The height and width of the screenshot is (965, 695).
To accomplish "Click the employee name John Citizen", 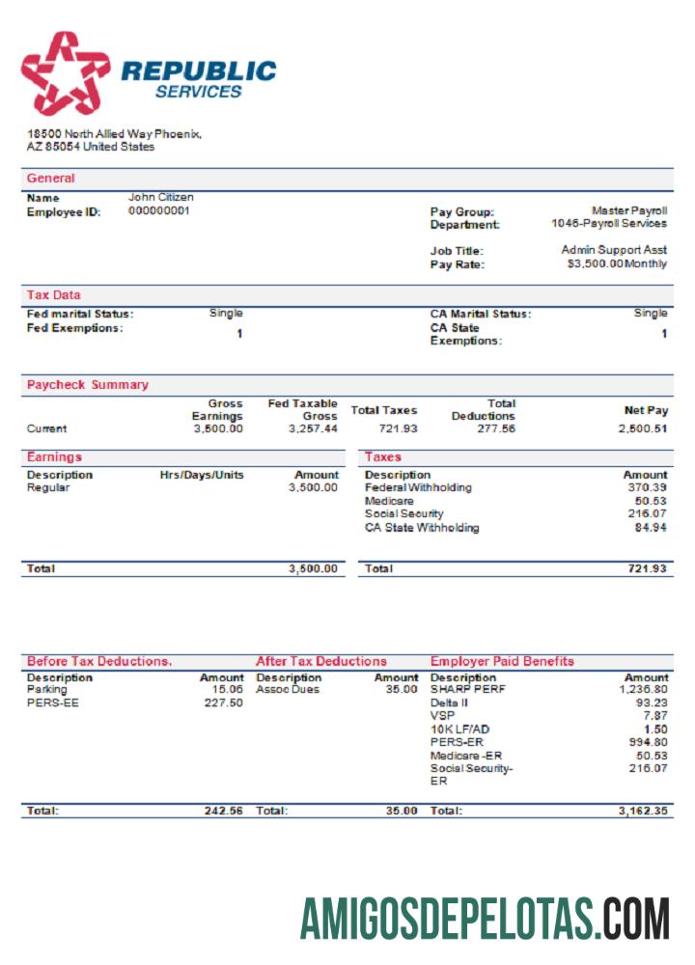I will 160,198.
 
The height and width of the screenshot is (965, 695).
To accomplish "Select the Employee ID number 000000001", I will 159,211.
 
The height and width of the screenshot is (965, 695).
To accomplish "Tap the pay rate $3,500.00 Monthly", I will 617,264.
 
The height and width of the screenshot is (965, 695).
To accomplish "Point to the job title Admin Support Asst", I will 614,250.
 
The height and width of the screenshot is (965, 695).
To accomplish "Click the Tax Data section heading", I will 54,295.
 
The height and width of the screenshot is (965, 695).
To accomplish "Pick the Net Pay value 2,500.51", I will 643,428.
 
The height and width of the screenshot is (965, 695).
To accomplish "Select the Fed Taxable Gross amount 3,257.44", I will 313,428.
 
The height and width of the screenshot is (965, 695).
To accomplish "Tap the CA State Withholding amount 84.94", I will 649,529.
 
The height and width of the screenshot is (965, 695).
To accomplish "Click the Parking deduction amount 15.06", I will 227,690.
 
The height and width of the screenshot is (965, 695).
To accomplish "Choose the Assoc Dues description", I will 287,690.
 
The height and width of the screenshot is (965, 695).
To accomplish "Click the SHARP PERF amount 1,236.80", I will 643,690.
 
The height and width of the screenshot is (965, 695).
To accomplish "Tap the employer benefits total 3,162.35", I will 642,812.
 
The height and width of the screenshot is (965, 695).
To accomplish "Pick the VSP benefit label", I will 441,717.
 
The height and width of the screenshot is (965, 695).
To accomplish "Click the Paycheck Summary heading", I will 87,385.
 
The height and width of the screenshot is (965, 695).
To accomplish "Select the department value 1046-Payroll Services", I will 604,224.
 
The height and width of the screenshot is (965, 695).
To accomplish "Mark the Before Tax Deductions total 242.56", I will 223,812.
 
